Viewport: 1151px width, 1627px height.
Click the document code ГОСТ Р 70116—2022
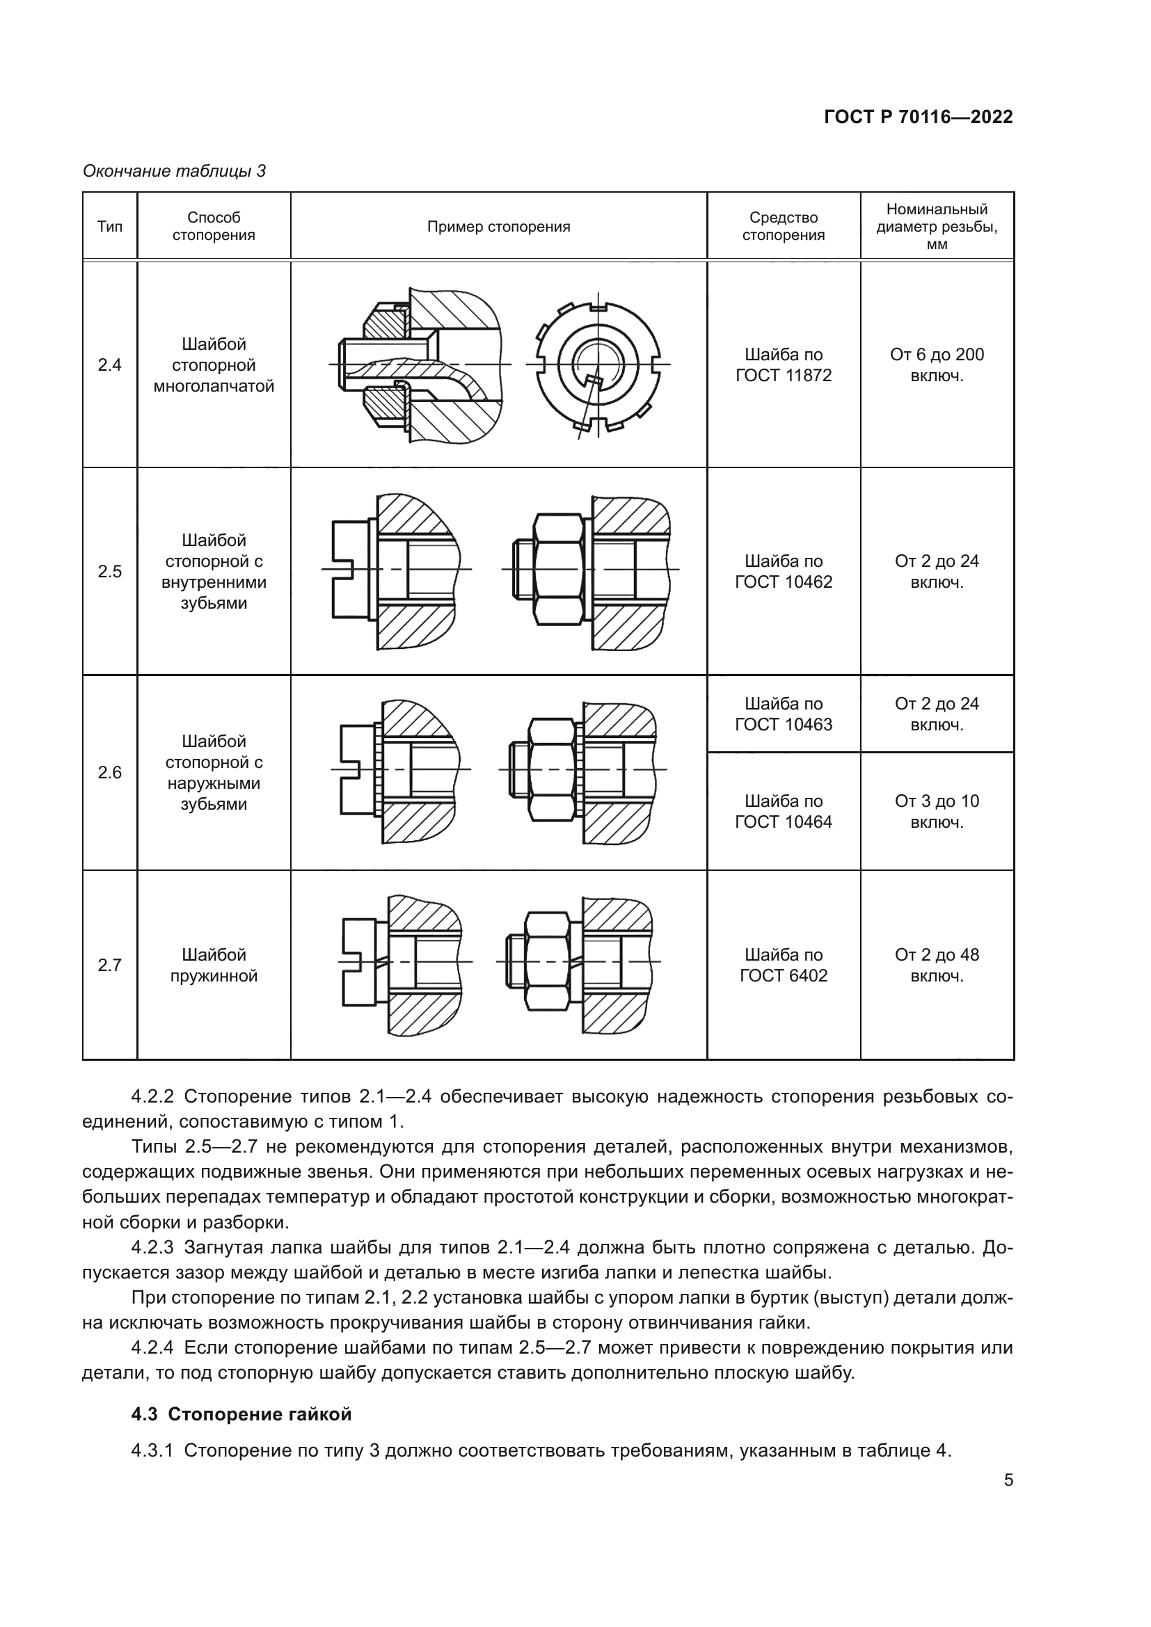(918, 118)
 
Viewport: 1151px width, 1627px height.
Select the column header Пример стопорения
(498, 227)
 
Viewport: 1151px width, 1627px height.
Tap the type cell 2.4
(110, 365)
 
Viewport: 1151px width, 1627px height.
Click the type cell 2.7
(110, 965)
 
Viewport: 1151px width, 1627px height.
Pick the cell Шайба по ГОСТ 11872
(783, 365)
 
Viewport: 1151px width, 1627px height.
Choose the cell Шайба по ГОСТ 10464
(783, 811)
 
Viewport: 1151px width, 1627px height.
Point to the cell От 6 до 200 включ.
(936, 365)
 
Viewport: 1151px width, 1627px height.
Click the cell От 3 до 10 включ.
(936, 811)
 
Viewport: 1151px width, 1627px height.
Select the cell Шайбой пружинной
(214, 965)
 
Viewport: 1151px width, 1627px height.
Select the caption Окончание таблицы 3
(175, 171)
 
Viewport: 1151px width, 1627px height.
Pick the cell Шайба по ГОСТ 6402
(783, 965)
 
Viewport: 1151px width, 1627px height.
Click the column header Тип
(110, 227)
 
